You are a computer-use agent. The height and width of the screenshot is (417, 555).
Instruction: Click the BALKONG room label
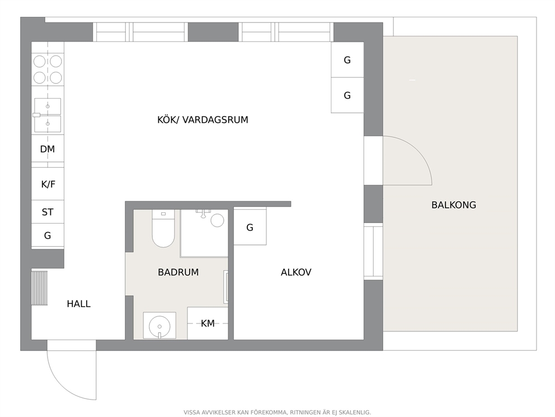pos(453,205)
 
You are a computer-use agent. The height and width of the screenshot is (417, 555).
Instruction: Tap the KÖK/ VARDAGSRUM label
pos(203,119)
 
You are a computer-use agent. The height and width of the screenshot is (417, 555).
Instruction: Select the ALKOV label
pos(296,272)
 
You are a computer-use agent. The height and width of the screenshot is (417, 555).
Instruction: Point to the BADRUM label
pos(178,272)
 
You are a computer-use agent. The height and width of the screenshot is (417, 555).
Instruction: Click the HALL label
pos(78,304)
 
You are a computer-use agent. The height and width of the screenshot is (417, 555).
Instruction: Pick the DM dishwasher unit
pos(48,149)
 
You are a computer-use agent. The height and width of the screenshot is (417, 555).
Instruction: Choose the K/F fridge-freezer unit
pos(48,184)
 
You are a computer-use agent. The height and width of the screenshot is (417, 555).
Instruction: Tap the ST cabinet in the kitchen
pos(48,212)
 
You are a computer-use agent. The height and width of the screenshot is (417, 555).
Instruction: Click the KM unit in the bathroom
pos(208,323)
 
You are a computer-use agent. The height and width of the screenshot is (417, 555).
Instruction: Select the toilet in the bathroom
pos(163,228)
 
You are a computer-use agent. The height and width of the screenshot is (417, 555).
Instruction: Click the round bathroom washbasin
pos(159,326)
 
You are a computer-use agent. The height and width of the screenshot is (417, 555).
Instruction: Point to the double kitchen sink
pos(48,115)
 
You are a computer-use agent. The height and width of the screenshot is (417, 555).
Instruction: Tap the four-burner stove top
pos(48,69)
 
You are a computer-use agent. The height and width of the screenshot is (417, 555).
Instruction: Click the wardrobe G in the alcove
pos(250,227)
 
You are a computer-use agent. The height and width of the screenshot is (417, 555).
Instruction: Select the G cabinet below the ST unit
pos(48,235)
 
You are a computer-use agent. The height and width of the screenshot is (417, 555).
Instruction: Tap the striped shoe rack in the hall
pos(39,288)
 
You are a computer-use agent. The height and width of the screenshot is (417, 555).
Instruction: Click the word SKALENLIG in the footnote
pos(355,413)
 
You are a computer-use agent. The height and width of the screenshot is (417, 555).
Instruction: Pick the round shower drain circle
pos(217,220)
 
